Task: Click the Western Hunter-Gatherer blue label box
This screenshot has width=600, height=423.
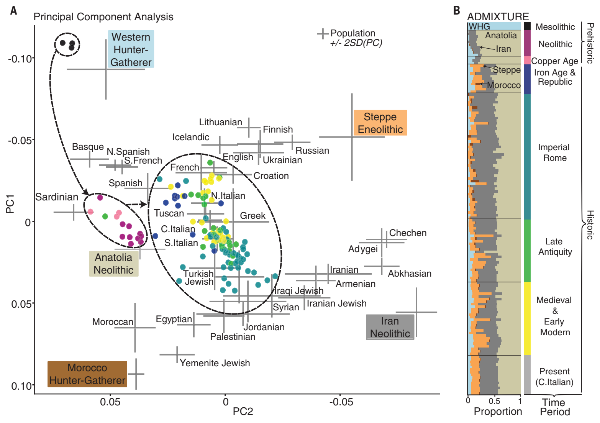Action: coord(131,49)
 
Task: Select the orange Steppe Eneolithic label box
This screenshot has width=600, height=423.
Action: coord(380,123)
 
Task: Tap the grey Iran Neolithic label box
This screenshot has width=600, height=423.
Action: coord(390,327)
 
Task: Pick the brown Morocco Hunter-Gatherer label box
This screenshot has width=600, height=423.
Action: coord(87,374)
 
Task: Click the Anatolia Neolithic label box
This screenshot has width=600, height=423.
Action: coord(113,264)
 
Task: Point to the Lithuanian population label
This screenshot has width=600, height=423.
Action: coord(220,122)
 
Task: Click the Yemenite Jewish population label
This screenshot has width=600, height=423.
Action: coord(215,363)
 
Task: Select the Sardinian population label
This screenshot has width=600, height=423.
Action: coord(57,197)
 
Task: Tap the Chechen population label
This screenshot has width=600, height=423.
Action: coord(408,233)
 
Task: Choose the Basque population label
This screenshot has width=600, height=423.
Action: coord(88,147)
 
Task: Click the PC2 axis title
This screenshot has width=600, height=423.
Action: coord(243,411)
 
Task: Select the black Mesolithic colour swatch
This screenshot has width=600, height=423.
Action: coord(528,26)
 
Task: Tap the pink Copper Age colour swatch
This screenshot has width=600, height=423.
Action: coord(528,60)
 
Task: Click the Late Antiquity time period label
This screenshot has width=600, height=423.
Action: coord(555,246)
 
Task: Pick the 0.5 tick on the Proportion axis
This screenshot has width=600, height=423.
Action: coord(494,401)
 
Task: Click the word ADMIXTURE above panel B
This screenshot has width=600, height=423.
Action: coord(498,16)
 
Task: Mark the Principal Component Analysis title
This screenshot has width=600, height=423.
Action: coord(103,17)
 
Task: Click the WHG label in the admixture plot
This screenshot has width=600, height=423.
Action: coord(479,26)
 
